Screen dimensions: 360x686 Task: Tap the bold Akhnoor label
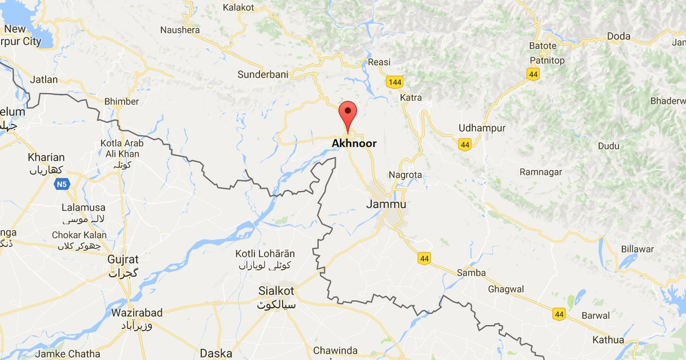(354, 143)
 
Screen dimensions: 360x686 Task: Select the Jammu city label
(386, 205)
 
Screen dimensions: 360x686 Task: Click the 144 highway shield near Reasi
(394, 83)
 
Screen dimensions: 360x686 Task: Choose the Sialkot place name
(277, 291)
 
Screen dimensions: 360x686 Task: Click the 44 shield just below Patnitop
(533, 74)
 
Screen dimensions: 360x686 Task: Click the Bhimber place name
(121, 101)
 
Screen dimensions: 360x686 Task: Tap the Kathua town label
(608, 340)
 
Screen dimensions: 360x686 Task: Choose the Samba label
(471, 273)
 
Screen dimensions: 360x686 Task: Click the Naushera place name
(180, 30)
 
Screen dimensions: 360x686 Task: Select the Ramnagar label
(541, 172)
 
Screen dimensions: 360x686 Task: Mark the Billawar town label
(637, 249)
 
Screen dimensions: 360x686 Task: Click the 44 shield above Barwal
(559, 314)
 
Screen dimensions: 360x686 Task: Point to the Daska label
(216, 354)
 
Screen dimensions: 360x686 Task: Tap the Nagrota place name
(405, 175)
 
